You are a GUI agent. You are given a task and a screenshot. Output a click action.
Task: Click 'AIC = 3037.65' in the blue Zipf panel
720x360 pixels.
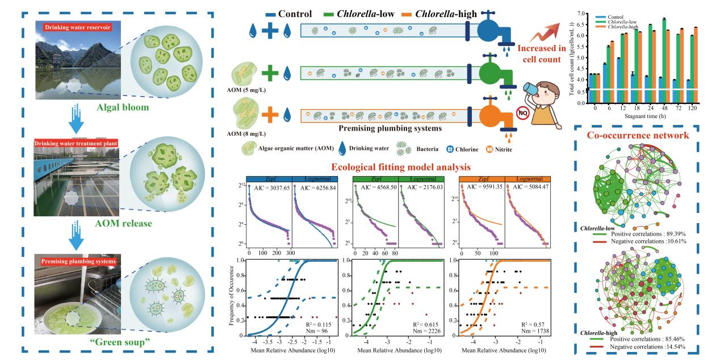click(x=267, y=191)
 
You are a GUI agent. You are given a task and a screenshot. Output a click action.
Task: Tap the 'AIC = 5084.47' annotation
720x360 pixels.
click(x=525, y=191)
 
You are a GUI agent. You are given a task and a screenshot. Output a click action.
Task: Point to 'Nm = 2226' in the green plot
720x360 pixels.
click(x=425, y=330)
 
